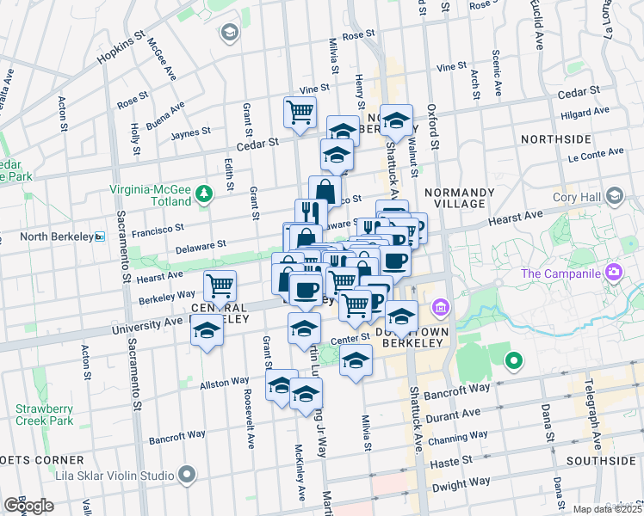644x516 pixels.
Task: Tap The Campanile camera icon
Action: (614, 273)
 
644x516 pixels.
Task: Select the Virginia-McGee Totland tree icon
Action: (204, 191)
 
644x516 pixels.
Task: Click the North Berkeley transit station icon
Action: (100, 237)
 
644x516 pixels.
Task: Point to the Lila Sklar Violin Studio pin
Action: (185, 474)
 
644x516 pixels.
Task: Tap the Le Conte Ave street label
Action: (595, 154)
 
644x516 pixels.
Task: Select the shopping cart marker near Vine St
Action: (300, 112)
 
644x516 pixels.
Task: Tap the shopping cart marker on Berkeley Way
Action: (220, 286)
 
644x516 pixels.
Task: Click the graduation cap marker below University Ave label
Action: (207, 331)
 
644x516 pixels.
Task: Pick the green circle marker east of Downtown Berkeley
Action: (514, 361)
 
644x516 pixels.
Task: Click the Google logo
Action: (28, 506)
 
